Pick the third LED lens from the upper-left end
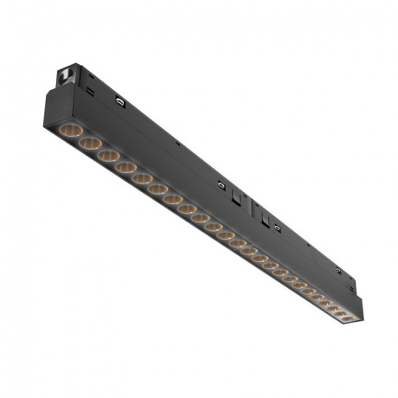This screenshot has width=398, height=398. (x=107, y=154)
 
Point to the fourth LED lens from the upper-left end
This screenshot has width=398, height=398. (x=125, y=166)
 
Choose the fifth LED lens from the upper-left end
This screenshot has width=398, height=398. (x=143, y=177)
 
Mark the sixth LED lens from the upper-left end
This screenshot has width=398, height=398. (x=158, y=189)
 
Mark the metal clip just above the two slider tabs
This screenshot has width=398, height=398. (x=222, y=183)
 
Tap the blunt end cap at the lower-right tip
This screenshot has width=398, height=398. (x=359, y=313)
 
